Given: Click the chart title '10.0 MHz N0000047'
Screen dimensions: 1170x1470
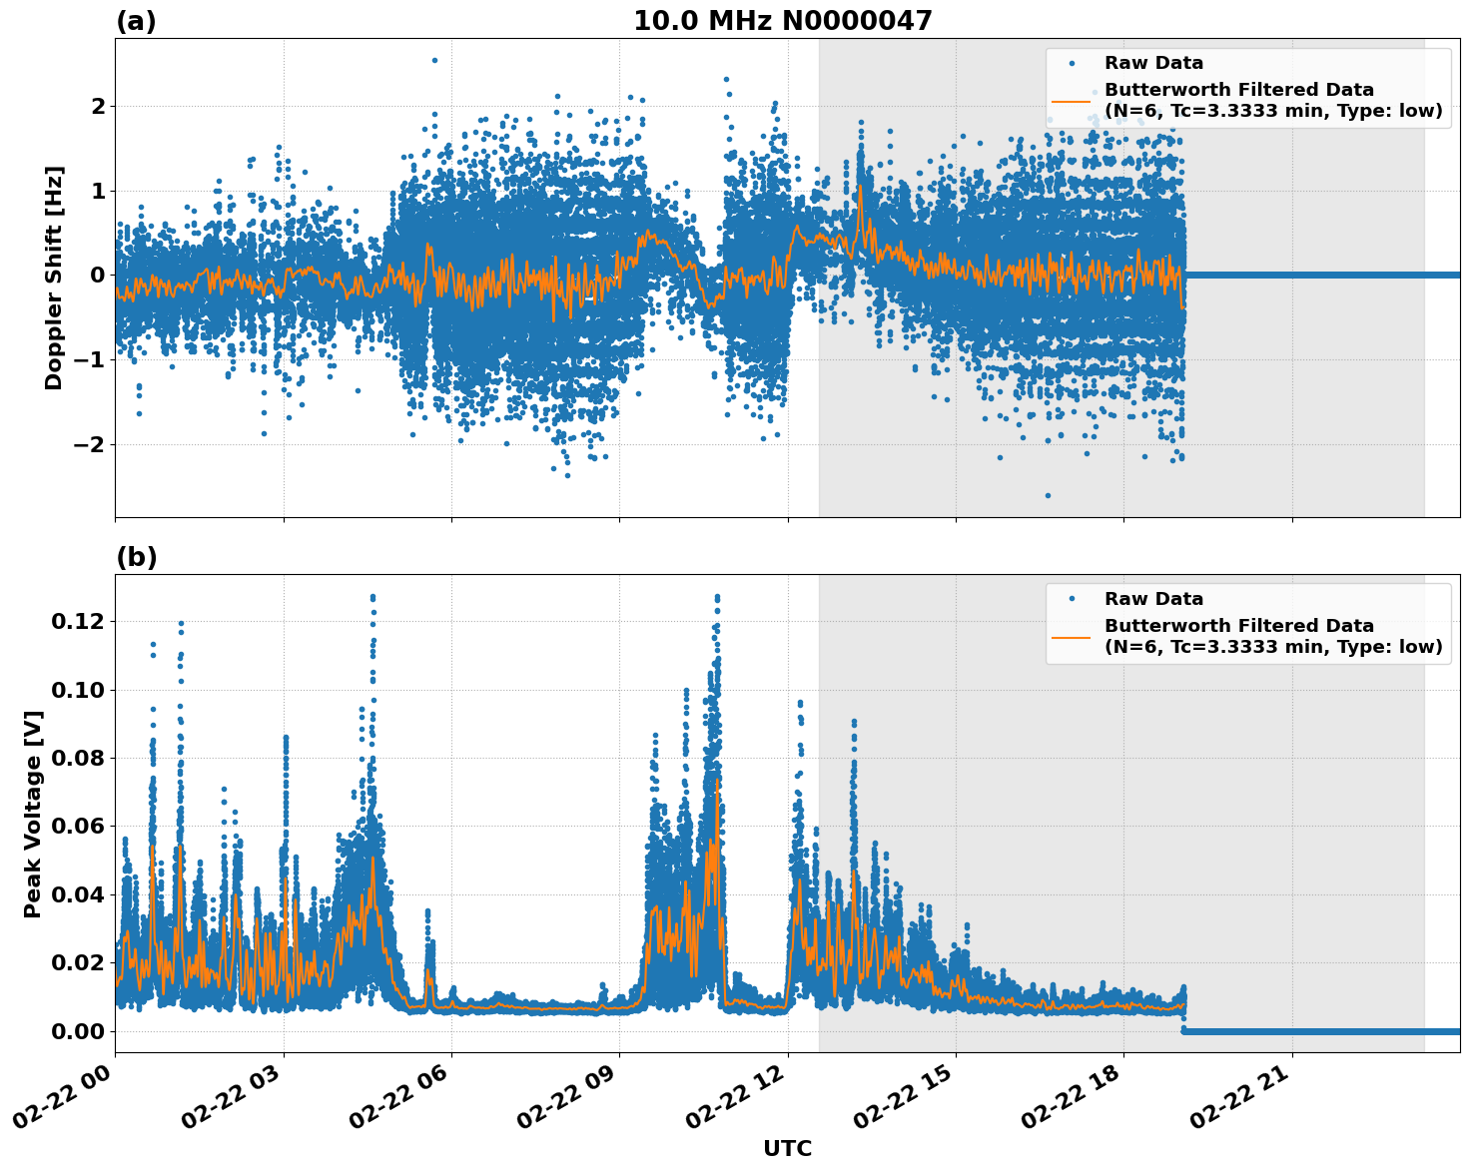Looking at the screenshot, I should tap(782, 21).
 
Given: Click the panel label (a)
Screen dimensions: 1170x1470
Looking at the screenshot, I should tap(136, 21).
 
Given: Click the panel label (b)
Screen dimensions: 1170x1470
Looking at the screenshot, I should tap(136, 557).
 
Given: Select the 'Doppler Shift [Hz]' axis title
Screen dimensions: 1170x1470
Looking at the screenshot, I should tap(54, 278).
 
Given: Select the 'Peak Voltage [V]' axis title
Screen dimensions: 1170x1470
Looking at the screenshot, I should tap(33, 814).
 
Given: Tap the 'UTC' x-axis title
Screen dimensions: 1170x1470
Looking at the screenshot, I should tap(787, 1148).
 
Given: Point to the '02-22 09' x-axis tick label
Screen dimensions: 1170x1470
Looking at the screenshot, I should tap(567, 1103).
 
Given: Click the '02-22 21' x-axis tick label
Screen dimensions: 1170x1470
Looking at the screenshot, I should tap(1240, 1103).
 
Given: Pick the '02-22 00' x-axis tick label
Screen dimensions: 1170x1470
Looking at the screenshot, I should tap(63, 1103).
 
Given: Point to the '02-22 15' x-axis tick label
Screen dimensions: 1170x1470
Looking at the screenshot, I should tap(904, 1103).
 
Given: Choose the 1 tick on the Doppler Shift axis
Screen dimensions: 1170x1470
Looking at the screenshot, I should tap(97, 191).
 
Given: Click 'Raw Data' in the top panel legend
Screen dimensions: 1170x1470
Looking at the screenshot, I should tap(1153, 64).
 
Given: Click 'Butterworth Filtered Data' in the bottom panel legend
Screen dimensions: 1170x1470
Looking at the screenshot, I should tap(1238, 626).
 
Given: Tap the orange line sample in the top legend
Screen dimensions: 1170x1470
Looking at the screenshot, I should tap(1072, 101).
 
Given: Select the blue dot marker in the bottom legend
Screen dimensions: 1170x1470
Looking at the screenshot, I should tap(1072, 599).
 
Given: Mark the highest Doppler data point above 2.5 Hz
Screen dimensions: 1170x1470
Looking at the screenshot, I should tap(434, 60).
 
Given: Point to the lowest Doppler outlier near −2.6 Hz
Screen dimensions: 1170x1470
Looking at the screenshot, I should tap(1048, 495).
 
